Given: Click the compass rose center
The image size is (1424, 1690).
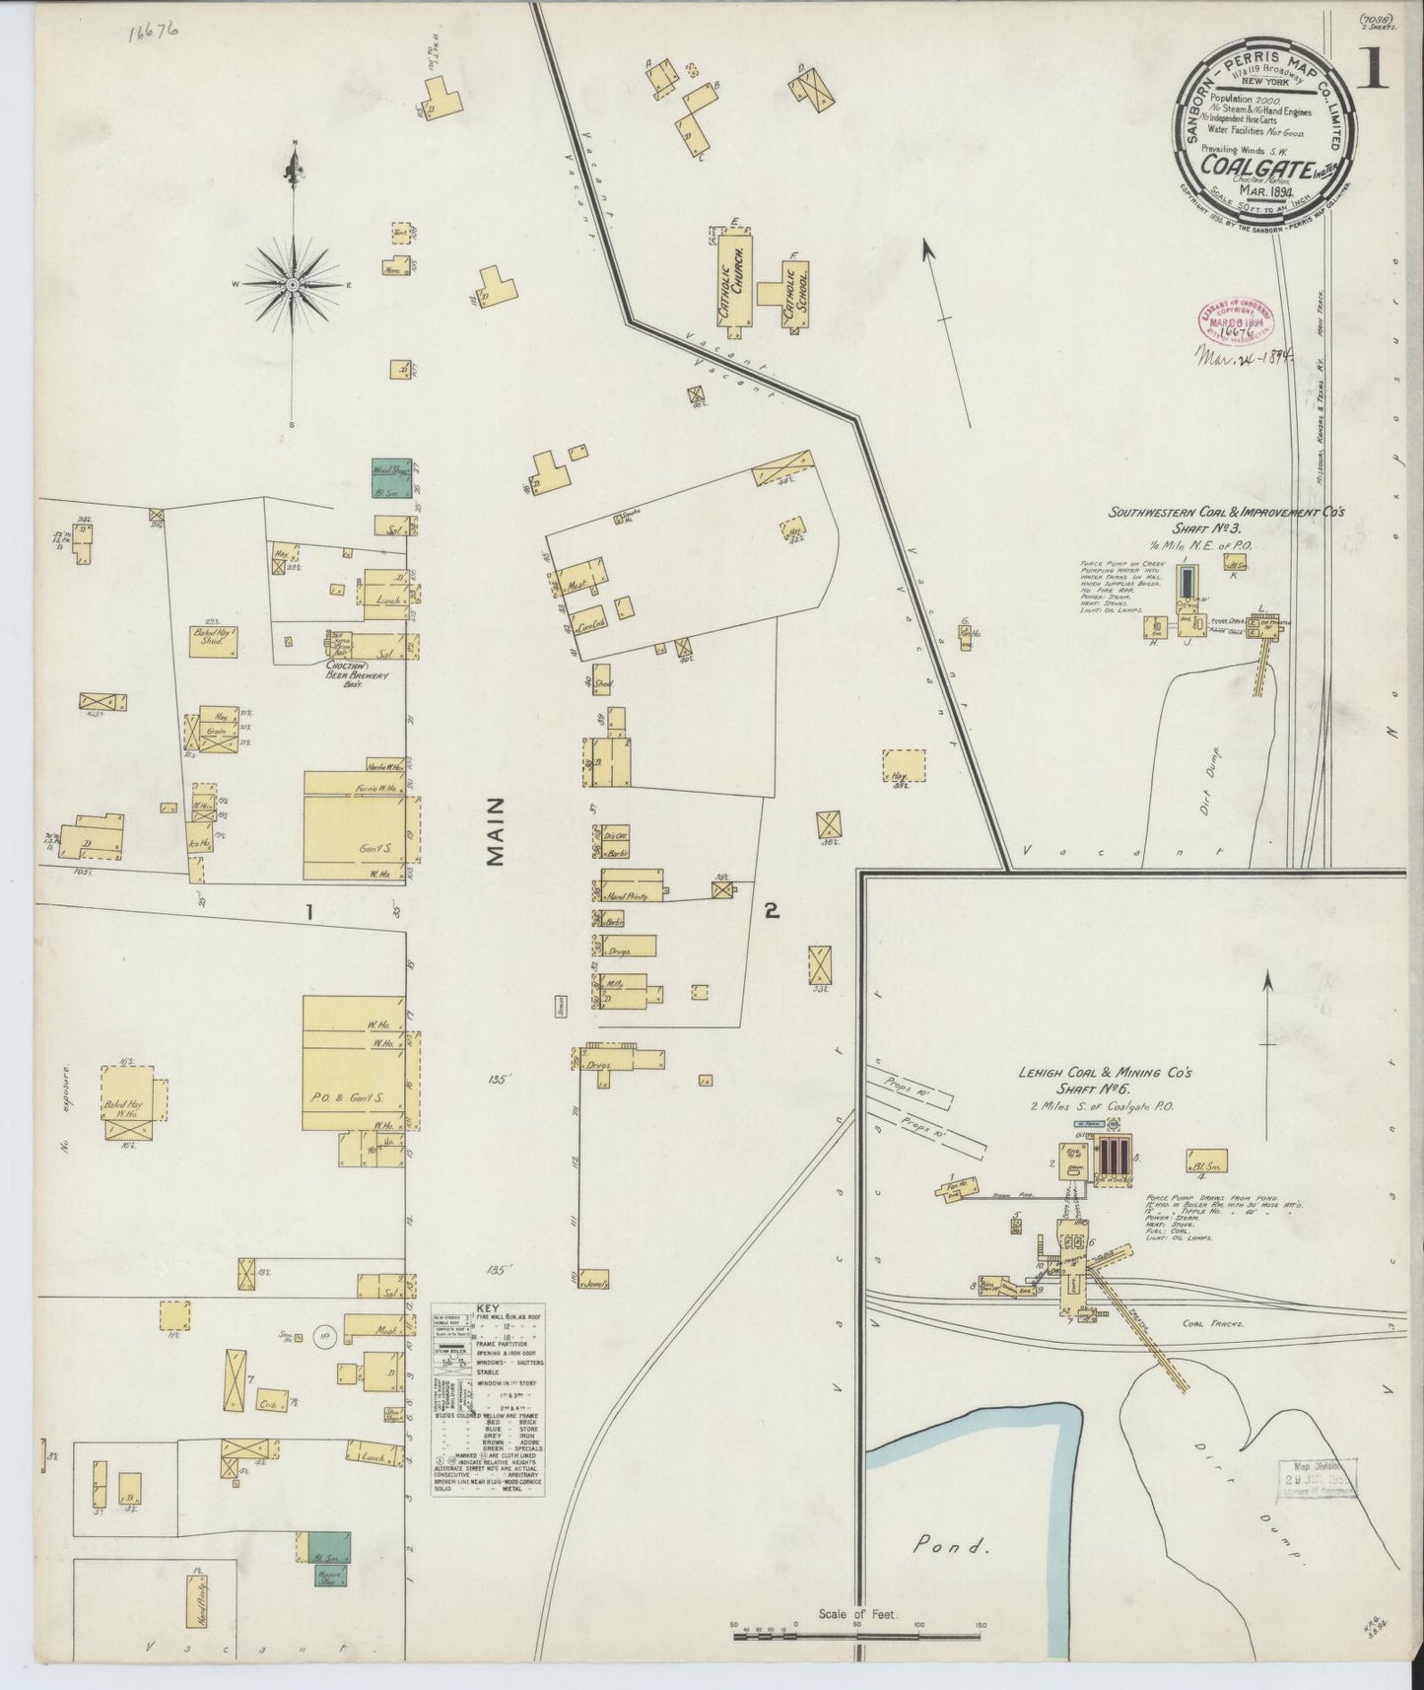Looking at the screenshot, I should click(293, 284).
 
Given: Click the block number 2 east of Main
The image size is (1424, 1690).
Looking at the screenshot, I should click(772, 912).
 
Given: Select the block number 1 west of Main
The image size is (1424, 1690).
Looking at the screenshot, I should click(309, 913).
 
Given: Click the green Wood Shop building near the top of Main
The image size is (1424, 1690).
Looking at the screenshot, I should click(390, 470).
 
